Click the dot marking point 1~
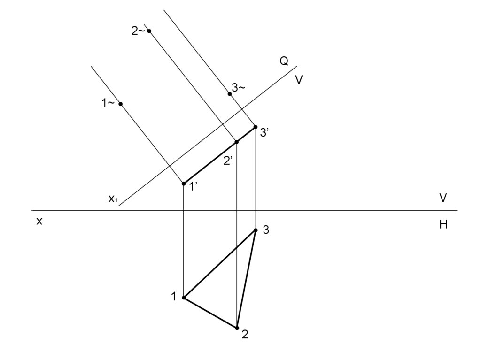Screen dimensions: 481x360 point(121,104)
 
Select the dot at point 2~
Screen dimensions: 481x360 point(149,31)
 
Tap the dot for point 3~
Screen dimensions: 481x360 point(230,94)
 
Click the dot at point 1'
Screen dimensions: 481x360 point(184,183)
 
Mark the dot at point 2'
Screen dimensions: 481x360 point(237,142)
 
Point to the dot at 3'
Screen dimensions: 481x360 point(255,127)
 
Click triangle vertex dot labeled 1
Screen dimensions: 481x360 point(184,298)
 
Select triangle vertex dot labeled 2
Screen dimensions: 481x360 point(237,328)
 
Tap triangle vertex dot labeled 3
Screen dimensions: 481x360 point(256,230)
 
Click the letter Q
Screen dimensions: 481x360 point(284,61)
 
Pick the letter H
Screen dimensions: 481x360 point(443,225)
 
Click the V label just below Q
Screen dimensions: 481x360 point(299,80)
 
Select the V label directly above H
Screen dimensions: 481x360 point(443,198)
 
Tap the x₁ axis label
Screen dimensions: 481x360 point(113,199)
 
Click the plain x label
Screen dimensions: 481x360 point(39,222)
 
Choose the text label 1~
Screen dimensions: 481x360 point(109,104)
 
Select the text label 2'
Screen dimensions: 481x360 point(228,161)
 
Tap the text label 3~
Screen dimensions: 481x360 point(239,88)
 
